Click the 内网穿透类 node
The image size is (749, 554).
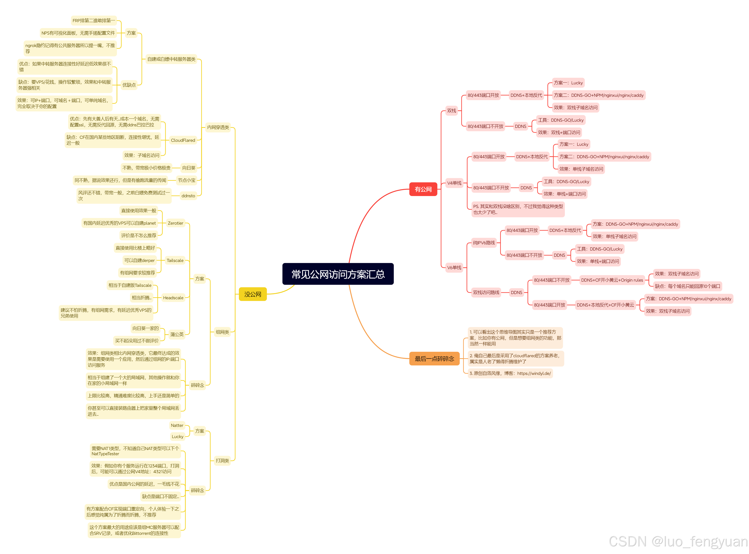pyautogui.click(x=218, y=127)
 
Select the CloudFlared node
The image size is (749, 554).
pyautogui.click(x=183, y=140)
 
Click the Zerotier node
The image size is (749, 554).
pyautogui.click(x=175, y=223)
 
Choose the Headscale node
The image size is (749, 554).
pyautogui.click(x=173, y=298)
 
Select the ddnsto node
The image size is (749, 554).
pyautogui.click(x=188, y=196)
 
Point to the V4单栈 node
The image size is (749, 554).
pyautogui.click(x=454, y=183)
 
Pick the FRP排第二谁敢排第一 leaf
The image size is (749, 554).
pyautogui.click(x=94, y=20)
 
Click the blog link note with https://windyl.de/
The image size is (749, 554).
pyautogui.click(x=510, y=373)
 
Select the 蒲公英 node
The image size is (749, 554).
pyautogui.click(x=176, y=334)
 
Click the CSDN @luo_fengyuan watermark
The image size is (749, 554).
pyautogui.click(x=678, y=541)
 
